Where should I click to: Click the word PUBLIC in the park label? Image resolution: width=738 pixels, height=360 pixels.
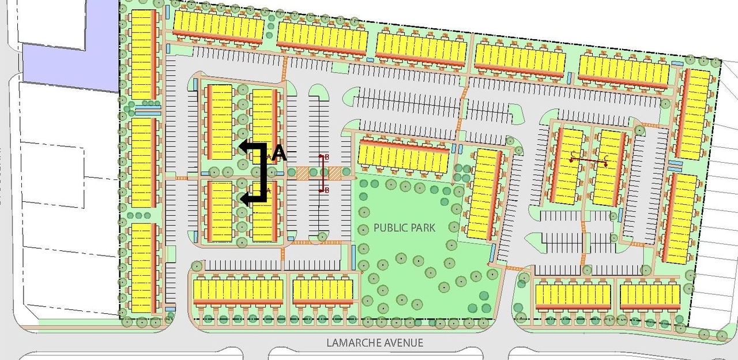click(x=389, y=227)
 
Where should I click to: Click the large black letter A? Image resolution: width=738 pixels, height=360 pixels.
click(x=279, y=153)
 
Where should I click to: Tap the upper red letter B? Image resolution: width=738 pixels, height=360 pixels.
click(x=327, y=157)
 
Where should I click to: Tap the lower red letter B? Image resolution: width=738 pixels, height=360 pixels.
click(x=327, y=190)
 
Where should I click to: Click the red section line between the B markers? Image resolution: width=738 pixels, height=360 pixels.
click(x=322, y=173)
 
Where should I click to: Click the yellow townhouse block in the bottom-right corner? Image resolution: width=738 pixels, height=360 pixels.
click(x=650, y=295)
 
